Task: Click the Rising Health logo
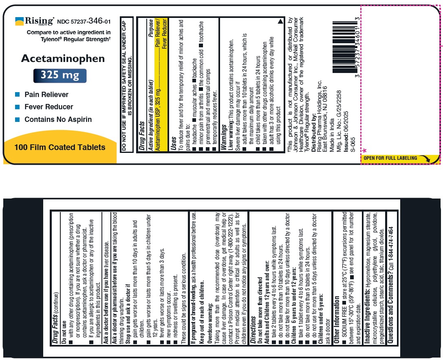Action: [x=34, y=21]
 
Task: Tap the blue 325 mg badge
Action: [x=60, y=76]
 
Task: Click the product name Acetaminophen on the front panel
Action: [x=63, y=59]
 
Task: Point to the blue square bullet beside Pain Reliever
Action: [x=17, y=95]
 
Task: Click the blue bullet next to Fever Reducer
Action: [x=17, y=107]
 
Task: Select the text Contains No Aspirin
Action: [x=58, y=119]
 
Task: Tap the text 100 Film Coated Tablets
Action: [x=60, y=147]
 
